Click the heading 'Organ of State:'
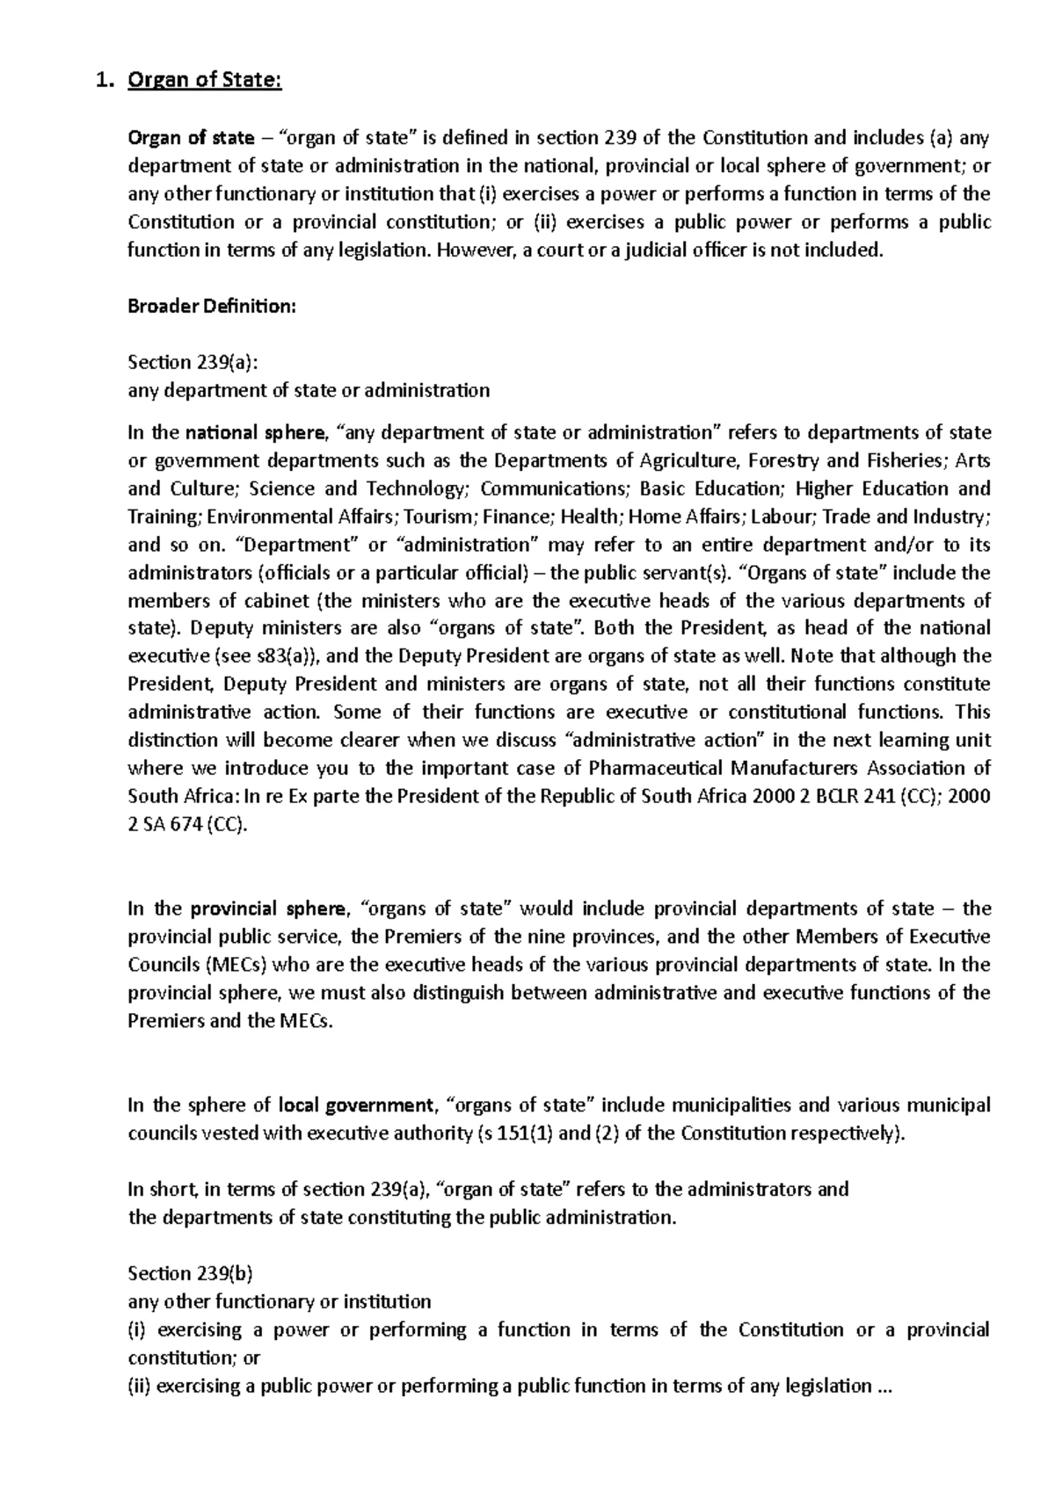(204, 83)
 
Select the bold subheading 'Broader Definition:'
(212, 307)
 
